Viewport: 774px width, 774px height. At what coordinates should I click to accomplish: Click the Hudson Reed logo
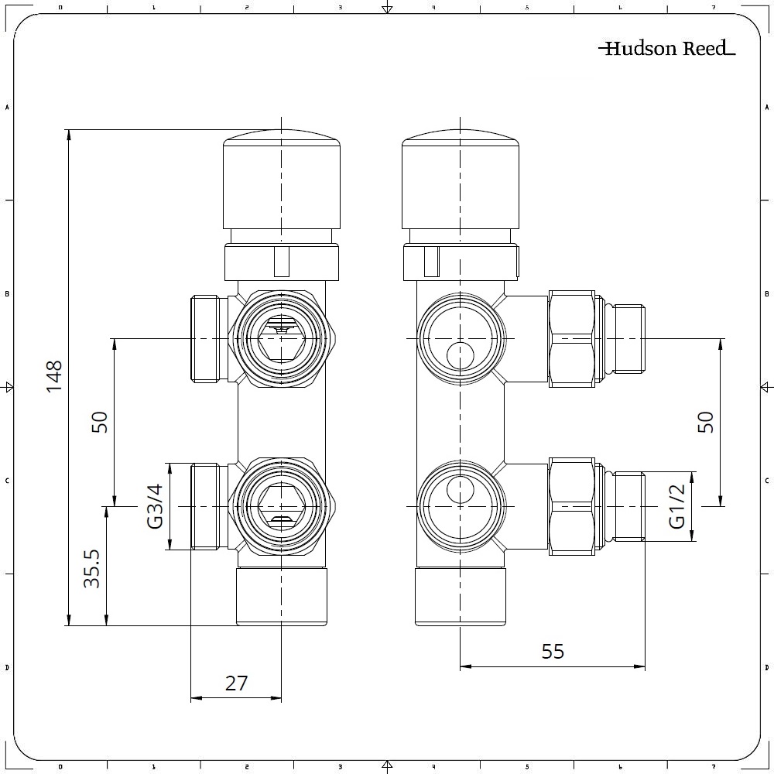coord(666,49)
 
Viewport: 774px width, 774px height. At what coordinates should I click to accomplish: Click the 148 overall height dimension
coord(54,376)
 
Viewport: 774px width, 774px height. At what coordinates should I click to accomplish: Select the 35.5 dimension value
coord(93,569)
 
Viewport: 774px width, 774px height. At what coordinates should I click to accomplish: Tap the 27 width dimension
coord(236,683)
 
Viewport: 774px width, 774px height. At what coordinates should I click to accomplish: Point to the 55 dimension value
coord(553,652)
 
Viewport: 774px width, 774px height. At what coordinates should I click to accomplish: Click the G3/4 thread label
coord(155,506)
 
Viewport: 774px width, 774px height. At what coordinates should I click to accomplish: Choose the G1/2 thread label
coord(677,506)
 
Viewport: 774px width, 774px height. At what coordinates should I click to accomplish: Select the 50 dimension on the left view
coord(99,422)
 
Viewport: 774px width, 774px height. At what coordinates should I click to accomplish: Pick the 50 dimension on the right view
coord(705,422)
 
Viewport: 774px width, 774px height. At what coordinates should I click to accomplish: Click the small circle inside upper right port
coord(460,356)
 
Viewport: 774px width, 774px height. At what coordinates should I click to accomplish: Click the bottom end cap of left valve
coord(281,597)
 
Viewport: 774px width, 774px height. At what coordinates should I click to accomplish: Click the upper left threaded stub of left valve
coord(206,338)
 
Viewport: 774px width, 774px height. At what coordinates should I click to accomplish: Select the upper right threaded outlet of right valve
coord(628,338)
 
